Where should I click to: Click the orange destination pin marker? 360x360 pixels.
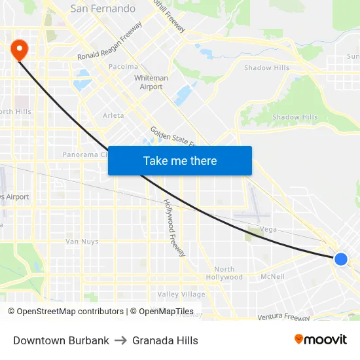(18, 48)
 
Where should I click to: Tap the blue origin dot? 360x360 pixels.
(340, 259)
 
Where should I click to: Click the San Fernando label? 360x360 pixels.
(103, 9)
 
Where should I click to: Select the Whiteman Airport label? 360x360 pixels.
(151, 82)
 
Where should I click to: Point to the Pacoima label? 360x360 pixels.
(123, 66)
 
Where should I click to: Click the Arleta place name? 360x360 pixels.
(113, 115)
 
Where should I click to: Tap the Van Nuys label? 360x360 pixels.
(82, 242)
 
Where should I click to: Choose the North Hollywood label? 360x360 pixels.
(224, 273)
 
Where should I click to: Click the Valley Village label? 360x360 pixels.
(181, 295)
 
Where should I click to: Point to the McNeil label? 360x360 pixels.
(272, 276)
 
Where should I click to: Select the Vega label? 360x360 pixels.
(269, 229)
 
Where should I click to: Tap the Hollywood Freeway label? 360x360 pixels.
(174, 228)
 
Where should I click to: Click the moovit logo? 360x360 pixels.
(320, 339)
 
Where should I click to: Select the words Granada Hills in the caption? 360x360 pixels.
(165, 340)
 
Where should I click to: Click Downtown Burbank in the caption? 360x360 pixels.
(61, 340)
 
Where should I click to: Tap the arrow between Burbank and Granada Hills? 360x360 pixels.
(120, 340)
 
